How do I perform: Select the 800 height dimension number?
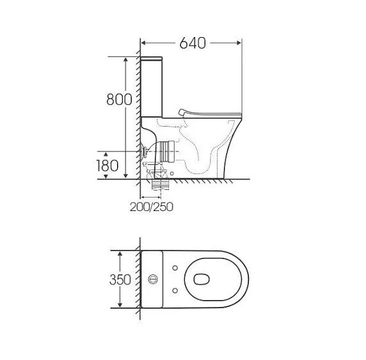pos(119,100)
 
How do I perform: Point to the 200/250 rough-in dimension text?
pos(151,207)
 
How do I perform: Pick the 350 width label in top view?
pos(120,279)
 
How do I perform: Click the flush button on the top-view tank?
pos(153,279)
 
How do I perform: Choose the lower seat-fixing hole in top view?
pos(175,292)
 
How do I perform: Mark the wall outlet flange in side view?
pos(146,153)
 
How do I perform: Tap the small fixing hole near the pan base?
pos(173,172)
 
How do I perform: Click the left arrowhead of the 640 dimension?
pos(143,43)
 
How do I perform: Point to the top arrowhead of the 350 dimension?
pos(121,253)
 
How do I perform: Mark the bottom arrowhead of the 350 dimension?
pos(121,306)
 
